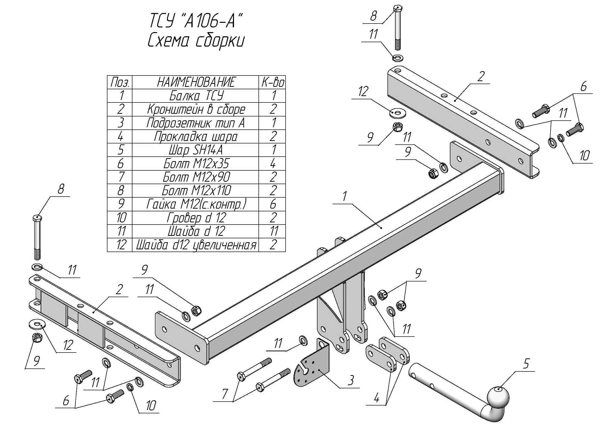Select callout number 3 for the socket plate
(350, 380)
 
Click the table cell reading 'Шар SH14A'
(195, 150)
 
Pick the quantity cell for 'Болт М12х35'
(272, 163)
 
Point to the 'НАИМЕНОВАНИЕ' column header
(195, 82)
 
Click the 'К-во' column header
(272, 82)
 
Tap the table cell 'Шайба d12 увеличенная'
(195, 245)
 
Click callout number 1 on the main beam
(344, 196)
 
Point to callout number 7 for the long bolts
(224, 394)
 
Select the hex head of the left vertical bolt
(37, 218)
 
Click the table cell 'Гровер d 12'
(195, 218)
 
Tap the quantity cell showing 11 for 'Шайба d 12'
(272, 231)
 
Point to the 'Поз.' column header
(120, 82)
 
